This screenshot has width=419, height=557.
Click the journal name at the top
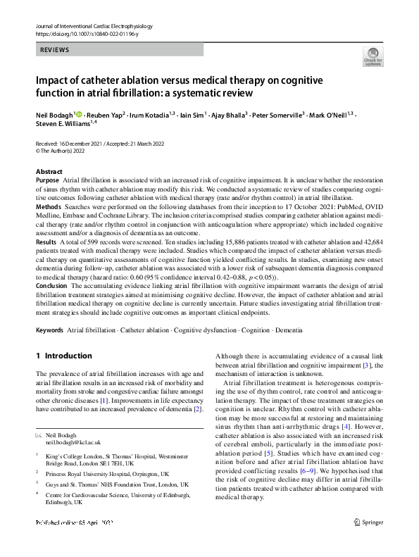tap(94, 26)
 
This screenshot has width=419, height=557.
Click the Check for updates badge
tap(373, 58)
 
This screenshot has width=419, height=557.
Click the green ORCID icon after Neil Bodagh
tap(78, 114)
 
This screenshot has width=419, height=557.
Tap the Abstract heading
tap(49, 172)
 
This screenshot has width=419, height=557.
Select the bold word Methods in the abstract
tap(49, 208)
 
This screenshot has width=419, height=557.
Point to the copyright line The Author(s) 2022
tap(63, 151)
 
